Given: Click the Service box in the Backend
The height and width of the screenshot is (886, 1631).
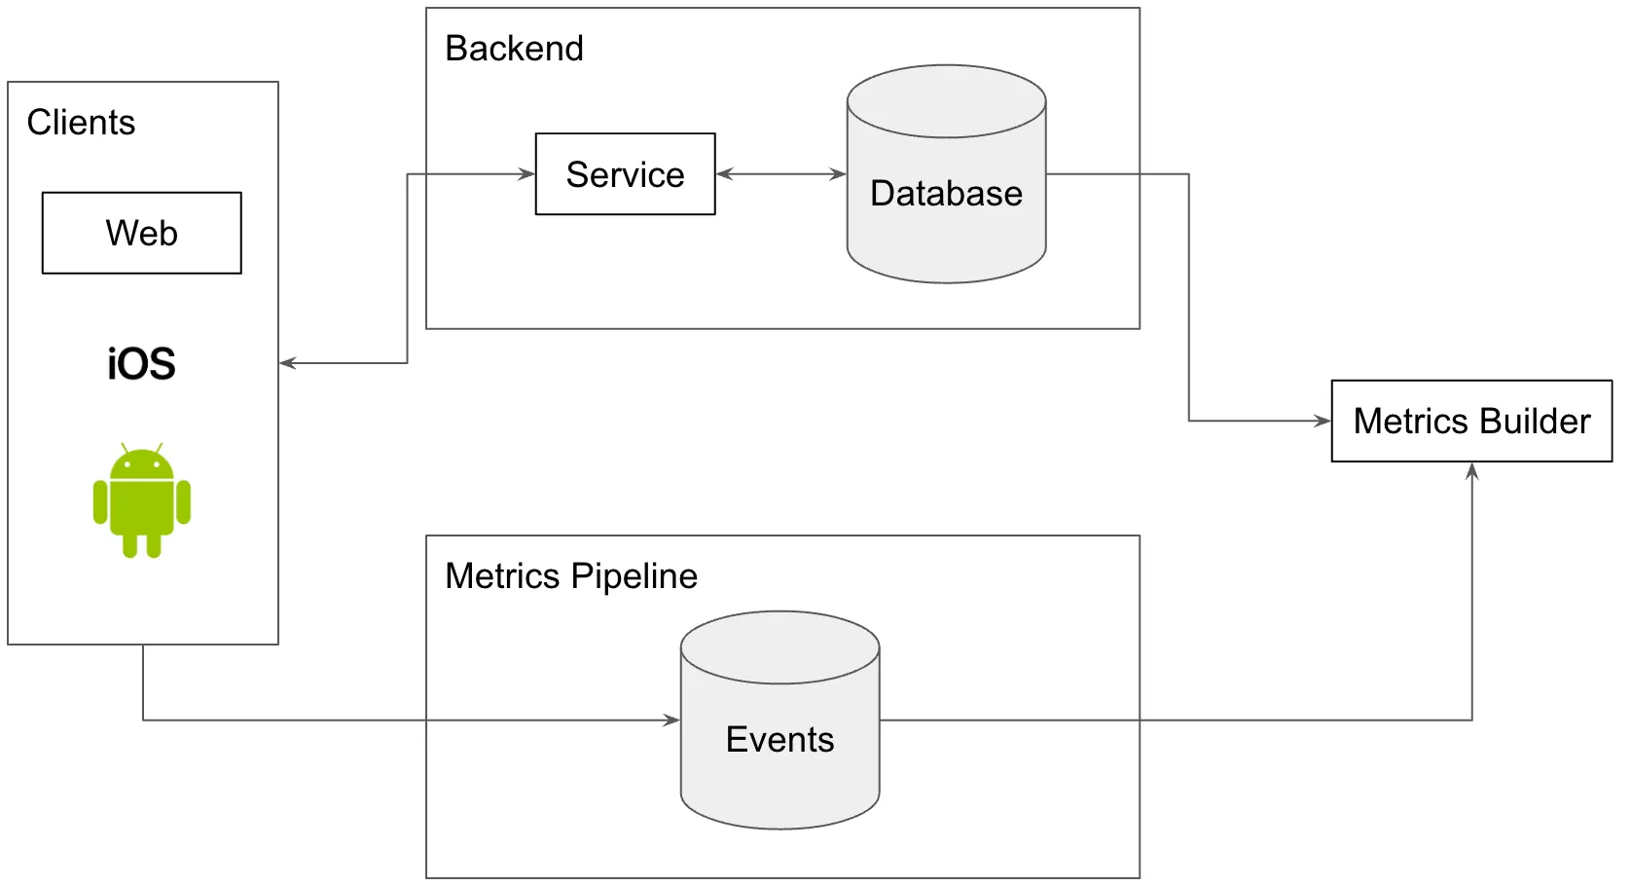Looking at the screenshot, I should click(x=625, y=174).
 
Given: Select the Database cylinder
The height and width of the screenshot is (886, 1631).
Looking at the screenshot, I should click(x=946, y=193).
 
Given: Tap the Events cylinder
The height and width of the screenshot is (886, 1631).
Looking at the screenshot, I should click(x=779, y=738).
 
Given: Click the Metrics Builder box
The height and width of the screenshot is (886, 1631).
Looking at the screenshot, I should click(x=1470, y=421).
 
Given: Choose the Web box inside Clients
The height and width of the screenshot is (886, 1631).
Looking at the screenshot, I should click(x=142, y=233).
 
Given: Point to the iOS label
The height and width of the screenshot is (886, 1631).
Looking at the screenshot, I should click(x=141, y=364).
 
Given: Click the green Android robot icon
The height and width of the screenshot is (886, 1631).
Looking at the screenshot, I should click(x=142, y=501).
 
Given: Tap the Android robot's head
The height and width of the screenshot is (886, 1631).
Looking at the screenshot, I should click(x=142, y=464).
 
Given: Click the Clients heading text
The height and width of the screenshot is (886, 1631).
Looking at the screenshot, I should click(x=81, y=123).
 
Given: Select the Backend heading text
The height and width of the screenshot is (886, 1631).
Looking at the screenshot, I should click(x=514, y=49).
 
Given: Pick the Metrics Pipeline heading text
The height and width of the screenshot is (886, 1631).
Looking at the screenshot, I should click(x=571, y=576).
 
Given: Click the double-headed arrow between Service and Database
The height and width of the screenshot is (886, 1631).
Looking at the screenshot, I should click(x=780, y=174).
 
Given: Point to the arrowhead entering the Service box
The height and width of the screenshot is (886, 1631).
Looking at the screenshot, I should click(x=527, y=174).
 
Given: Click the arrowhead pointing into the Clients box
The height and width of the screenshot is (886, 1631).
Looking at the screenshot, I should click(x=287, y=363).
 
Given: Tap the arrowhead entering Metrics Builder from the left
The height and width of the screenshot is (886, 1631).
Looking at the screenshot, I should click(x=1323, y=421).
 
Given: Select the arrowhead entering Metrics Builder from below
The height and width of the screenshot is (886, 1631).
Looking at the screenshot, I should click(x=1471, y=471).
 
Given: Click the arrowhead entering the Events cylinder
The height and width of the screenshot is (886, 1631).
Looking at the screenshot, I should click(x=671, y=720).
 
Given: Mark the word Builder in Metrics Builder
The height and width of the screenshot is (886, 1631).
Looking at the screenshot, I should click(x=1535, y=421).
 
